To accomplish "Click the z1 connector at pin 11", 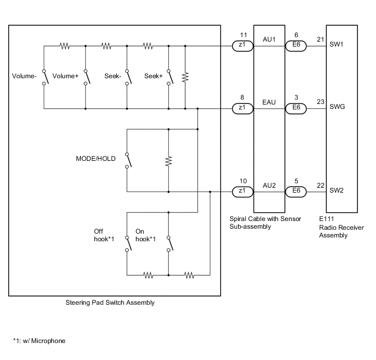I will coord(242,47).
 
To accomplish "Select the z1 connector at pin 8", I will coord(242,108).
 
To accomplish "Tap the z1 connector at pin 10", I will coord(242,192).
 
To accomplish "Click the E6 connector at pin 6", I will coord(296,47).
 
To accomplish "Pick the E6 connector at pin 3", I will coord(296,108).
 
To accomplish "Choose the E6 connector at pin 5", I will coord(296,192).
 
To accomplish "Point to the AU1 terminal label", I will coord(269,40).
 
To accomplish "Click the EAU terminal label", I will coord(269,102).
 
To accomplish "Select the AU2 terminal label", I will coord(269,185).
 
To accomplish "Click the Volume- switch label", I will coord(24,76).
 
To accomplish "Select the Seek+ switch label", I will coord(154,76).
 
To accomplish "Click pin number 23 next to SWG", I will coord(320,102).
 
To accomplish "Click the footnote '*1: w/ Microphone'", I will coord(39,341).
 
